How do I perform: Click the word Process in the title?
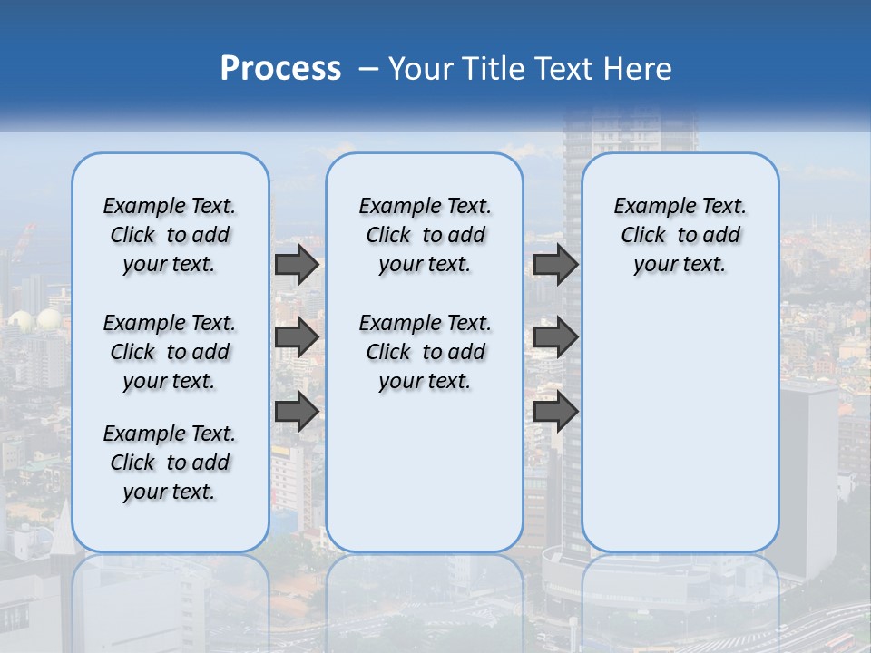(x=280, y=68)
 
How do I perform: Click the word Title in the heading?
(x=497, y=68)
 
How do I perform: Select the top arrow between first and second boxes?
(x=297, y=265)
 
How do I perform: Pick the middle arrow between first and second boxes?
(x=297, y=337)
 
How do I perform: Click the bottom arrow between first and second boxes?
(x=297, y=412)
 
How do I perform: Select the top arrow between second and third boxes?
(x=556, y=265)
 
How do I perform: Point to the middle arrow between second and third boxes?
(x=556, y=337)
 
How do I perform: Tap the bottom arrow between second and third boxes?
(x=556, y=412)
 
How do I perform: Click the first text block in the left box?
(x=170, y=235)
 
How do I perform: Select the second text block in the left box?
(x=170, y=352)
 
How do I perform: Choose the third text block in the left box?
(x=170, y=463)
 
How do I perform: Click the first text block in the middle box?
(x=425, y=235)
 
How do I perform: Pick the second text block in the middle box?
(x=425, y=352)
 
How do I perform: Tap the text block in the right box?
(x=680, y=235)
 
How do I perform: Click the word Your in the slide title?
(x=422, y=68)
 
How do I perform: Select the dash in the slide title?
(x=367, y=68)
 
